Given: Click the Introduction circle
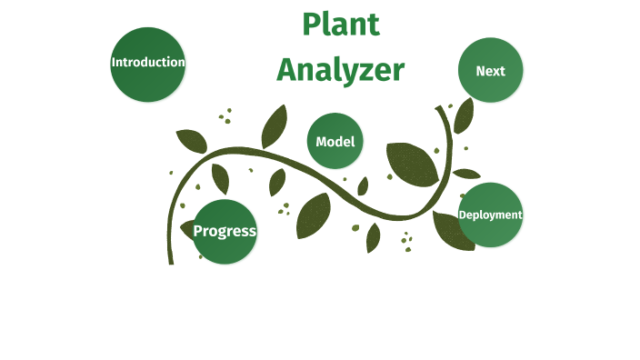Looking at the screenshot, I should point(148,64).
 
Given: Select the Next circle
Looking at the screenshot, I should point(491,70).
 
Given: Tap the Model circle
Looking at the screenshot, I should point(335,141).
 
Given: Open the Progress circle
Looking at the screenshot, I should point(225,231).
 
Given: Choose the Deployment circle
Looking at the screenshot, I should point(491,215).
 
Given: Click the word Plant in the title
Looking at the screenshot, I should point(340,25).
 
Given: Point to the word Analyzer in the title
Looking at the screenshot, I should point(340,69).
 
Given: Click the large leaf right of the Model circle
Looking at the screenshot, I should point(411,164).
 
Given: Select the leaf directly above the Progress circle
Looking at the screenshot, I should point(220,177).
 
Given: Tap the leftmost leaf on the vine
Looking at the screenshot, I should point(191,140).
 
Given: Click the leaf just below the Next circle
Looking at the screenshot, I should point(464,115).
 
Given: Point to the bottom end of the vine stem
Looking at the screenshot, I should point(170,261).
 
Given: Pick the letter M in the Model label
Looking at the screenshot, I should point(322,142).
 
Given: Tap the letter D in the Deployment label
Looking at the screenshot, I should point(463,215).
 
